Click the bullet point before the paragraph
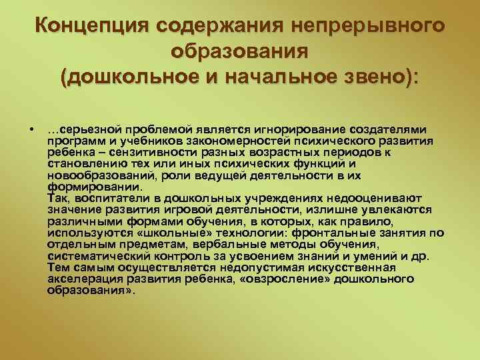tap(31, 129)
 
